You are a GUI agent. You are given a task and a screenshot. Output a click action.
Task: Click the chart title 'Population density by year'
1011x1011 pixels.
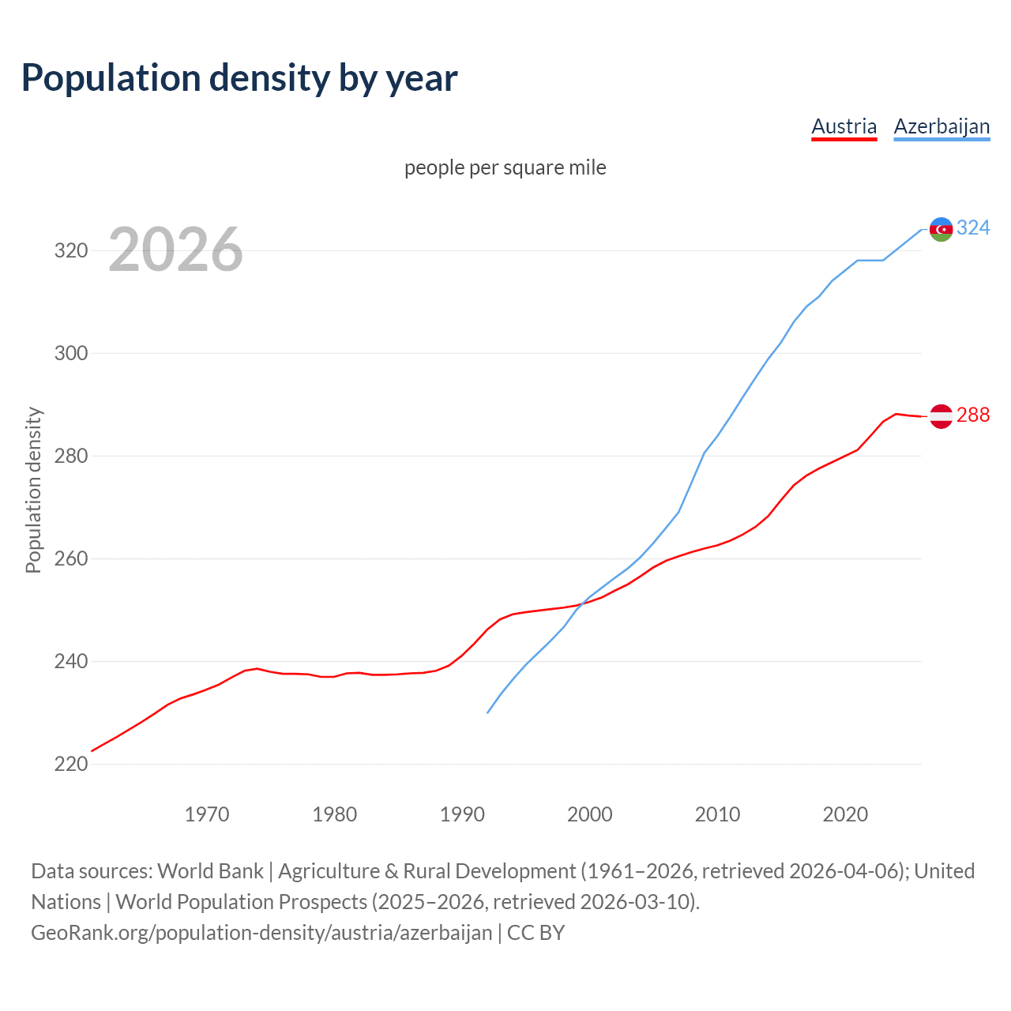239,77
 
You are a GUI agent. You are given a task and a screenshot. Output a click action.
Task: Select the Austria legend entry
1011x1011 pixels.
844,126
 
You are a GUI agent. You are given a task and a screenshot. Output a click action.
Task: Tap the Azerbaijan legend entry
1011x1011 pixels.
941,126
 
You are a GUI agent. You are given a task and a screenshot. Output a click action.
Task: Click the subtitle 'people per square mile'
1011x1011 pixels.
505,167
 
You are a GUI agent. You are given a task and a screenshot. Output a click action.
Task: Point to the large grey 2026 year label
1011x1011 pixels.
175,250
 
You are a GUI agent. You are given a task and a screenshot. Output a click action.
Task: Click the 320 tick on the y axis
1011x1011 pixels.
70,251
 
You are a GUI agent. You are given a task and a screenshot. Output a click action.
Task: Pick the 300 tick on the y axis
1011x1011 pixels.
70,353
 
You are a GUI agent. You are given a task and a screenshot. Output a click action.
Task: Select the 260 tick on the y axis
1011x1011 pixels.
70,559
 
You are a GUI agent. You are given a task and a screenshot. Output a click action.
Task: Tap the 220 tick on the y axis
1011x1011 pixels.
70,764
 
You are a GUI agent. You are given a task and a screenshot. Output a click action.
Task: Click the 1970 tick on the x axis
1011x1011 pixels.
207,814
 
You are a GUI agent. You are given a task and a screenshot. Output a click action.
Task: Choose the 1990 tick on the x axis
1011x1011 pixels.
462,814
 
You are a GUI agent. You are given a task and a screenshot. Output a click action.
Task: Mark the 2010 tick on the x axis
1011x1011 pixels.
717,814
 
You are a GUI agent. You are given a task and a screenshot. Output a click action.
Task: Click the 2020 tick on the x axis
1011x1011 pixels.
845,814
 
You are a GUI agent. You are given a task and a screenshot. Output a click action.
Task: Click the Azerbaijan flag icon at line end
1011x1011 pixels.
941,229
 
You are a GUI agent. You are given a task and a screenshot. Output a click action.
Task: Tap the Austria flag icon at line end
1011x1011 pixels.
941,415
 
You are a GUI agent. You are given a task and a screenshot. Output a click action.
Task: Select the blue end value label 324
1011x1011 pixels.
973,228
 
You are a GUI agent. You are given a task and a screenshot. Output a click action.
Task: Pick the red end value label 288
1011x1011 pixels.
973,415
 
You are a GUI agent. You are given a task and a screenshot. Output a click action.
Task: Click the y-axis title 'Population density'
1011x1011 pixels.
33,490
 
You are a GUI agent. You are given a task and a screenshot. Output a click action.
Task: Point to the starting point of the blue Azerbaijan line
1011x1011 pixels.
488,712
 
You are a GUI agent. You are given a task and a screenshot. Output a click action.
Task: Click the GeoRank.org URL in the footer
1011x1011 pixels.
261,933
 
